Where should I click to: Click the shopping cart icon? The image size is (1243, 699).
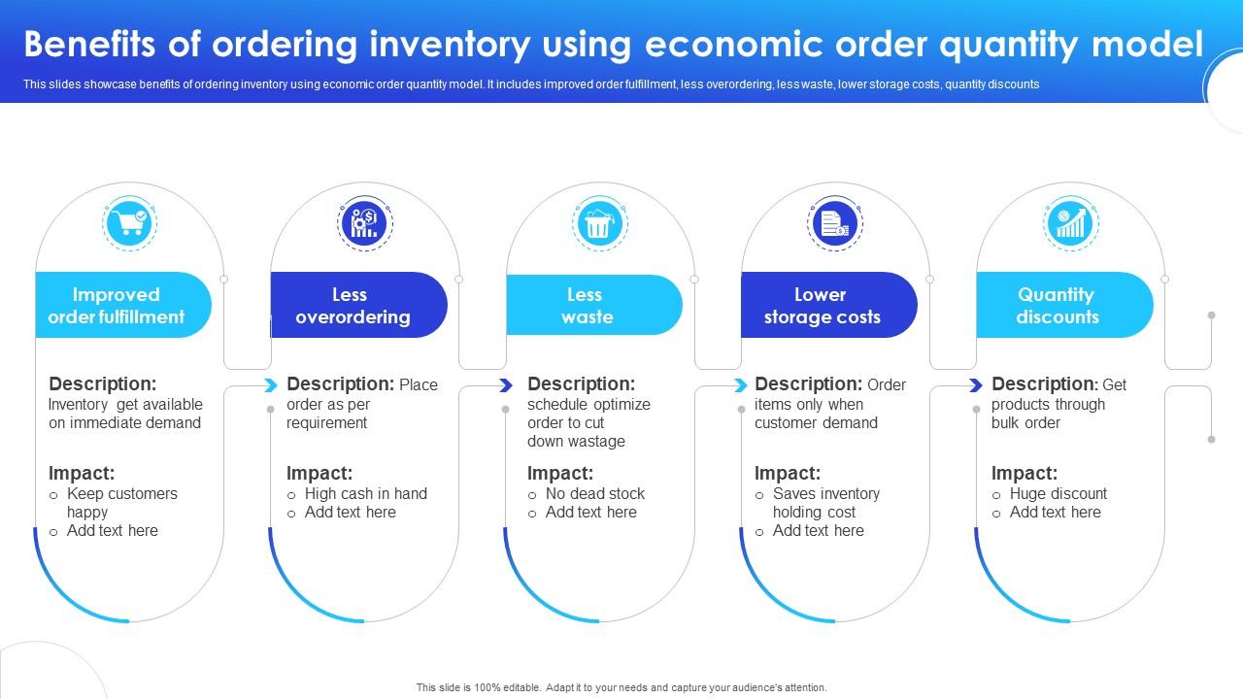tap(130, 223)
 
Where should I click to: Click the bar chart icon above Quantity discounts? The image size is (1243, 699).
tap(1069, 224)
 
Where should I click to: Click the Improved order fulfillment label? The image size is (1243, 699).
tap(117, 306)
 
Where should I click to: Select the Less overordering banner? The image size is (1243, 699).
tap(353, 306)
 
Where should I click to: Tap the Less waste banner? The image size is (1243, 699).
tap(588, 306)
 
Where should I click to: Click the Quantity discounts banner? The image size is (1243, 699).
tap(1058, 306)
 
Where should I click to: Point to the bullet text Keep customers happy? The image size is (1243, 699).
tap(121, 502)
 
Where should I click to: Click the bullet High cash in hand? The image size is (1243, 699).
tap(365, 493)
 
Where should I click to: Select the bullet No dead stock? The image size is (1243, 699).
tap(594, 493)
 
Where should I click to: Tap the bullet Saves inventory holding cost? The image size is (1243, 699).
tap(825, 502)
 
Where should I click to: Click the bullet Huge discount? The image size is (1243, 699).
tap(1058, 493)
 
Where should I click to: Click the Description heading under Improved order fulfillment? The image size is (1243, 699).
tap(102, 383)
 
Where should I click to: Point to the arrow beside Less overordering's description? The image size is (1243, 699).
tap(270, 385)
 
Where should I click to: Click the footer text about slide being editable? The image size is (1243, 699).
tap(621, 687)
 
